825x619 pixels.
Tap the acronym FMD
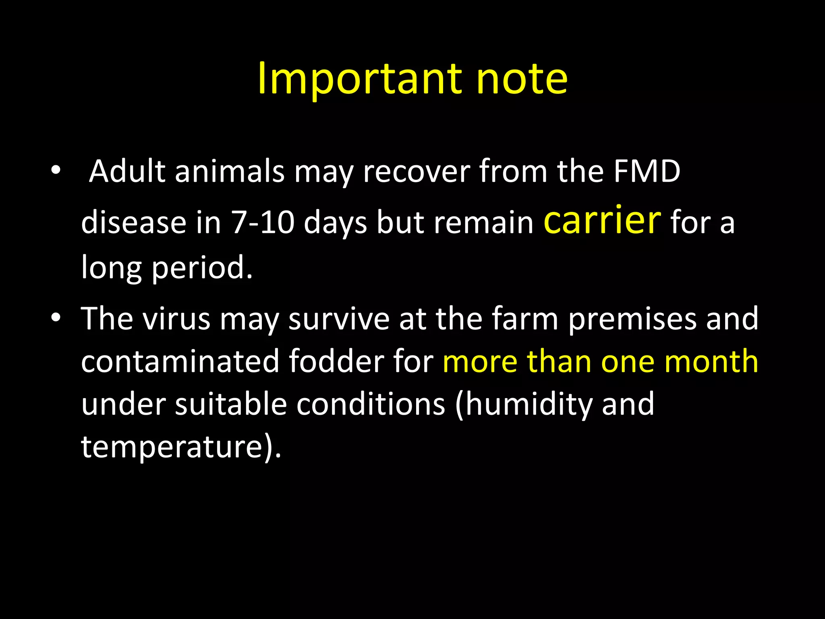click(x=647, y=171)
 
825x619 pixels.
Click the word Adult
click(x=127, y=171)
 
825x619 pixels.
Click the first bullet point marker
click(x=56, y=171)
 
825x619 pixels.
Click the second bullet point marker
click(x=56, y=318)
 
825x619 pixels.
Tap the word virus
click(x=176, y=319)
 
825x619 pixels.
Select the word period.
click(x=202, y=268)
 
